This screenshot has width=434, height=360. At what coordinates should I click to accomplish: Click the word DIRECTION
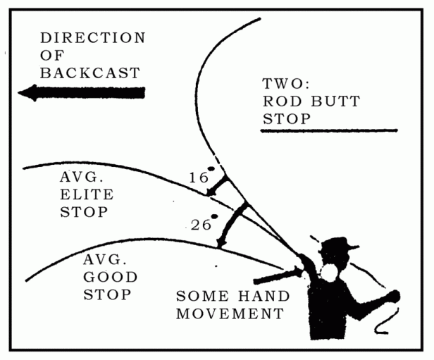tap(92, 37)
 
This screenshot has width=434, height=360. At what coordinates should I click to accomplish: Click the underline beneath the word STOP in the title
tap(329, 130)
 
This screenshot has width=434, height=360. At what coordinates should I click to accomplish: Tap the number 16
tap(198, 178)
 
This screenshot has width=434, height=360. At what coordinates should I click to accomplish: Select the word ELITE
tap(86, 194)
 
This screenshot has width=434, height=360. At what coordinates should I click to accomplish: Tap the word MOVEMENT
tap(229, 314)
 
